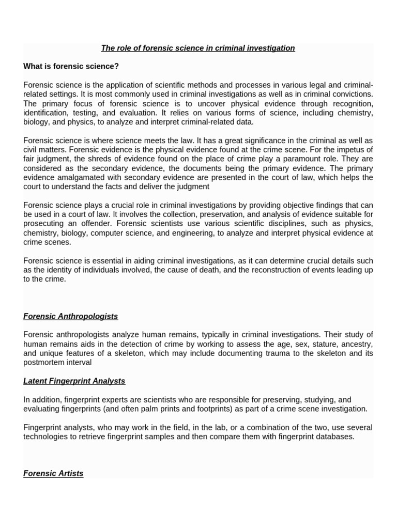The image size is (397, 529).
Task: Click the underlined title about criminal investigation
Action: pyautogui.click(x=198, y=48)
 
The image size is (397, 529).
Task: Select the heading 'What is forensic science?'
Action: pyautogui.click(x=71, y=66)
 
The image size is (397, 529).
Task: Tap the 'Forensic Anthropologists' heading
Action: pyautogui.click(x=71, y=316)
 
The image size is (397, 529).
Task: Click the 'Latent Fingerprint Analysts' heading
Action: pyautogui.click(x=74, y=381)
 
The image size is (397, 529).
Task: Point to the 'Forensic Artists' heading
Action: pyautogui.click(x=53, y=473)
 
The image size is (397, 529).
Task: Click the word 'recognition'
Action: pyautogui.click(x=352, y=103)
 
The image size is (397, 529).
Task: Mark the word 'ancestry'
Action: pyautogui.click(x=357, y=344)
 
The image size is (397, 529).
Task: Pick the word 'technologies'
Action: pyautogui.click(x=48, y=437)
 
